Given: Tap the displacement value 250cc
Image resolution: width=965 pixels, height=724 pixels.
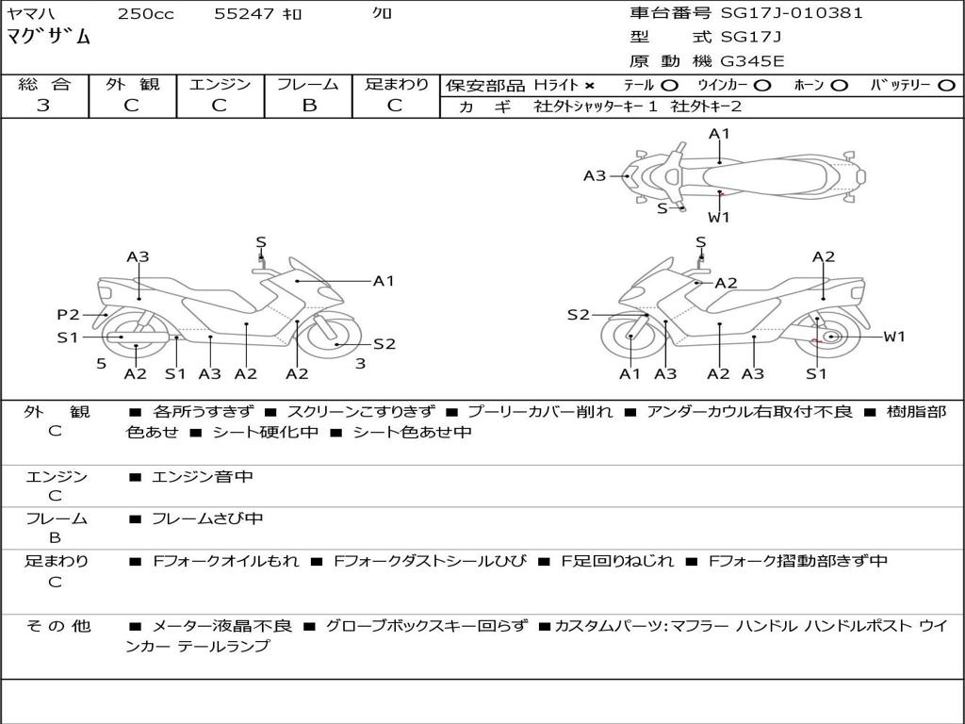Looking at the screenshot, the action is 145,14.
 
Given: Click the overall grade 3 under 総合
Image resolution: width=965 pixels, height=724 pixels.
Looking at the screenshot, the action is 43,106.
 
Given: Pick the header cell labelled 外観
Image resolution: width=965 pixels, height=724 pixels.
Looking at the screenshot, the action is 132,85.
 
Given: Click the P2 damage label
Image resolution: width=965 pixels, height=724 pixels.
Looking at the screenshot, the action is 68,315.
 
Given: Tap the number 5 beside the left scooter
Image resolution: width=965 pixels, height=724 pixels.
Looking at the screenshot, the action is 101,363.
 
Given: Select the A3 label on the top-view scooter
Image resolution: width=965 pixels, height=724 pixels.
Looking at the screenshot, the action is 595,175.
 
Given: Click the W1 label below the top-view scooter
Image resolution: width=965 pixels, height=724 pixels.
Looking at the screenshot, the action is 719,217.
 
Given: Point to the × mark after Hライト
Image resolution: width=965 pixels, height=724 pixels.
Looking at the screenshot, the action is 590,86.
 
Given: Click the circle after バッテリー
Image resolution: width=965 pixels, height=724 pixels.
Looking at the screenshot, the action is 946,86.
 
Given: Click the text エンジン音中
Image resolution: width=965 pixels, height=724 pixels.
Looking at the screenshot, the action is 203,477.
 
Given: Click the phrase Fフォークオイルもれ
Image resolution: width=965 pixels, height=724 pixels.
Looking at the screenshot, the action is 225,561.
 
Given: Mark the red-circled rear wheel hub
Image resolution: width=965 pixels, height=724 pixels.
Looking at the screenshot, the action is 830,337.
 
